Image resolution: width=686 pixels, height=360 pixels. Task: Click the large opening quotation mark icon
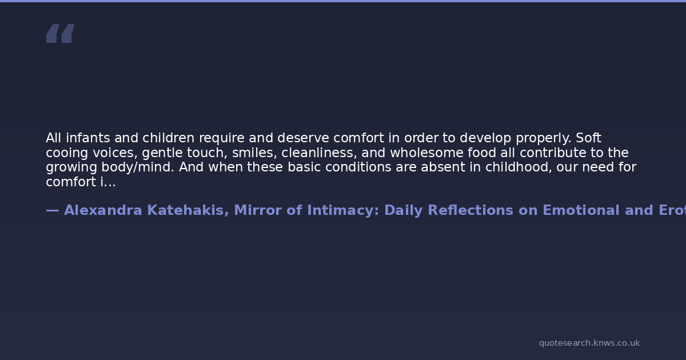61,33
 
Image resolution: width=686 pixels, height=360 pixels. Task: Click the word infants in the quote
88,138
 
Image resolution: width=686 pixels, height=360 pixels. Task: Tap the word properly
544,139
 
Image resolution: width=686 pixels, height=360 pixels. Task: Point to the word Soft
589,138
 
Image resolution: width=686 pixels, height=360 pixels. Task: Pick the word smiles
254,153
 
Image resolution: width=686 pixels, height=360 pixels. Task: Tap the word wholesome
426,153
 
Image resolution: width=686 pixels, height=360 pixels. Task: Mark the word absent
443,167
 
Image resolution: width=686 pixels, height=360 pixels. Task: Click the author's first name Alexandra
103,210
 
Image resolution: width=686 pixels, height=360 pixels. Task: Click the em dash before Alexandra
53,211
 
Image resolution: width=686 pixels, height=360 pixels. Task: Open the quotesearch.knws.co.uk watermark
589,343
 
